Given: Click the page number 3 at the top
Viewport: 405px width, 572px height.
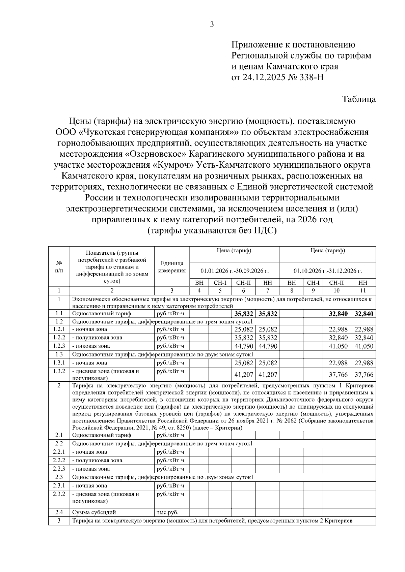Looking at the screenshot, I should pyautogui.click(x=212, y=24).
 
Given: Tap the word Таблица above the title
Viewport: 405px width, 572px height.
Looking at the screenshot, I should pyautogui.click(x=359, y=99).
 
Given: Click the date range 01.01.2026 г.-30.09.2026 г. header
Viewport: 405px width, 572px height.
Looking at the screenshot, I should pyautogui.click(x=235, y=271).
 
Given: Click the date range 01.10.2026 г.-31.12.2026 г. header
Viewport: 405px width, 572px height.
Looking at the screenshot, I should pyautogui.click(x=328, y=271).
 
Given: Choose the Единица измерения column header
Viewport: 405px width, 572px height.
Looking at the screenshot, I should pyautogui.click(x=172, y=267).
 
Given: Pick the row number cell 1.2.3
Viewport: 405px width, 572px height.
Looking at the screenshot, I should pyautogui.click(x=59, y=346).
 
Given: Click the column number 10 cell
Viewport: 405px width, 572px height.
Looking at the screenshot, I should pyautogui.click(x=336, y=290).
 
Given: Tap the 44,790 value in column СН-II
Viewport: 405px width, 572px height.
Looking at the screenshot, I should pyautogui.click(x=243, y=346).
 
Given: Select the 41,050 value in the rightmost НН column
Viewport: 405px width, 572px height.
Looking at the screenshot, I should pyautogui.click(x=363, y=346).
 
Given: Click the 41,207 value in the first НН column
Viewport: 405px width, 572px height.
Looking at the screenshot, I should pyautogui.click(x=268, y=374).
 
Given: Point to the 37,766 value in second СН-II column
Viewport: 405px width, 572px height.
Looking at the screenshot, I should pyautogui.click(x=338, y=374).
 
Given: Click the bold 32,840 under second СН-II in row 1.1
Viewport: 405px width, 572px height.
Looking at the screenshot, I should pyautogui.click(x=338, y=314).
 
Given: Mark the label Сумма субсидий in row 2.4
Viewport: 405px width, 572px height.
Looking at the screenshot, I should pyautogui.click(x=94, y=512).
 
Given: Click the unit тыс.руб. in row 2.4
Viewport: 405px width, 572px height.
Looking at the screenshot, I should pyautogui.click(x=168, y=512).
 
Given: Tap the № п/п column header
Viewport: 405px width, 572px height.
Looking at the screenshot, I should pyautogui.click(x=59, y=266).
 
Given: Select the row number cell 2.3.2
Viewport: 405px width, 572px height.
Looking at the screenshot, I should pyautogui.click(x=59, y=494).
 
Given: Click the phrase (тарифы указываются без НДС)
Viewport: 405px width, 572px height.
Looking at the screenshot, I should pyautogui.click(x=212, y=231).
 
